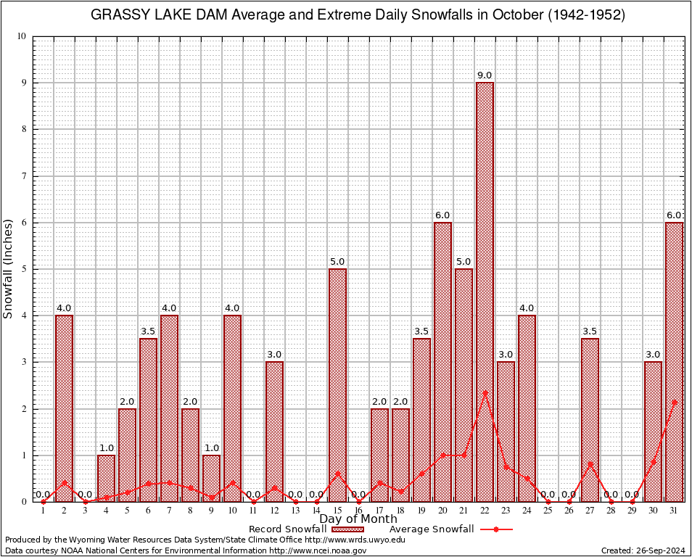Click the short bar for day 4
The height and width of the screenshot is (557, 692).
[106, 478]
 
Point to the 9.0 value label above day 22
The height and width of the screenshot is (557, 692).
[485, 75]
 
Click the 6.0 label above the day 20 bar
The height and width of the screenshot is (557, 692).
[442, 215]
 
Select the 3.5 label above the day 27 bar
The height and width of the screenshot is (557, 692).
[590, 331]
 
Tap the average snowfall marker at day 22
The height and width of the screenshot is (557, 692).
[485, 393]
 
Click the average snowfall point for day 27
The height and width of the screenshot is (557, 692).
[590, 464]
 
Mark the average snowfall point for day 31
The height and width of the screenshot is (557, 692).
[674, 402]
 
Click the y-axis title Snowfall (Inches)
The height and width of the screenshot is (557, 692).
[9, 268]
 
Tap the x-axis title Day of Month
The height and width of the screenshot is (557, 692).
[358, 519]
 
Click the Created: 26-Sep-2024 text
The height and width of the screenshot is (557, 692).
[643, 550]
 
